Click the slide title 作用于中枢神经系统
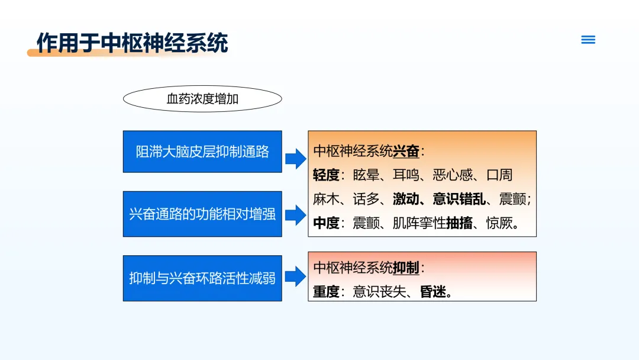coord(132,43)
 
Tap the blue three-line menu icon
coord(588,40)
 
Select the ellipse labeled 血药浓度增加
coord(202,99)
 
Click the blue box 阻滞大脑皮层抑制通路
coord(202,152)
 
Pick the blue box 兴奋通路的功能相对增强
coord(202,214)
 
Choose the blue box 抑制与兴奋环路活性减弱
coord(202,278)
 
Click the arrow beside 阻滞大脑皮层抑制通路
coord(295,159)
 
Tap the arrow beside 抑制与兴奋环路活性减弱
coord(295,277)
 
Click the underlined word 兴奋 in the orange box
coord(406,151)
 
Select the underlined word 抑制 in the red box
coord(406,268)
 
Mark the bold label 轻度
coord(326,175)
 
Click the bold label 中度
coord(326,223)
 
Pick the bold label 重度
coord(326,291)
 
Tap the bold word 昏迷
coord(433,291)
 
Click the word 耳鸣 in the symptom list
coord(406,175)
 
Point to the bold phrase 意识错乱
coord(459,199)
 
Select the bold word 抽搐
coord(459,223)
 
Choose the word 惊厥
coord(499,223)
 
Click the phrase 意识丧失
coord(379,291)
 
